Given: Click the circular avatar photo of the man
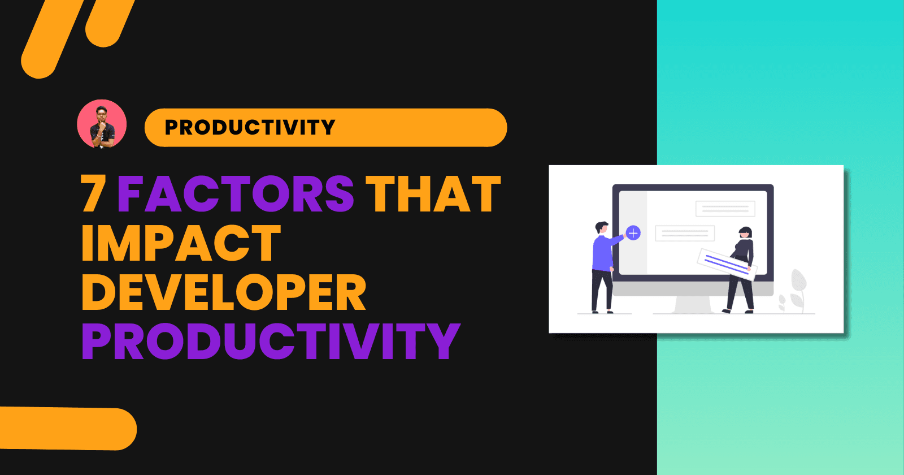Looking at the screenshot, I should coord(102,124).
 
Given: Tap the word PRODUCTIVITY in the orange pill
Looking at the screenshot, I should coord(250,127).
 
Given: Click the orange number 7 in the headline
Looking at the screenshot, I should coord(93,193).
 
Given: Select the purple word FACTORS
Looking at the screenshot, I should coord(236,194).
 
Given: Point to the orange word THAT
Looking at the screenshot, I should coord(433,194).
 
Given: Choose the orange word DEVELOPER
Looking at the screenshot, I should coord(224,292).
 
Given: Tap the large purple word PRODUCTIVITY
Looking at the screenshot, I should coord(271,342).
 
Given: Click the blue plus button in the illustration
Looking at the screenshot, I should coord(633,233).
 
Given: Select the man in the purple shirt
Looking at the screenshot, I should coord(602,266).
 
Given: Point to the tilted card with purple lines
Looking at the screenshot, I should coord(727,264).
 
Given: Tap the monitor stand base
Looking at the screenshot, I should coord(693,306).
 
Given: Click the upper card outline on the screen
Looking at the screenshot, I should coord(725,209).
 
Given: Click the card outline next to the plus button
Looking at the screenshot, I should coord(685,233).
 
